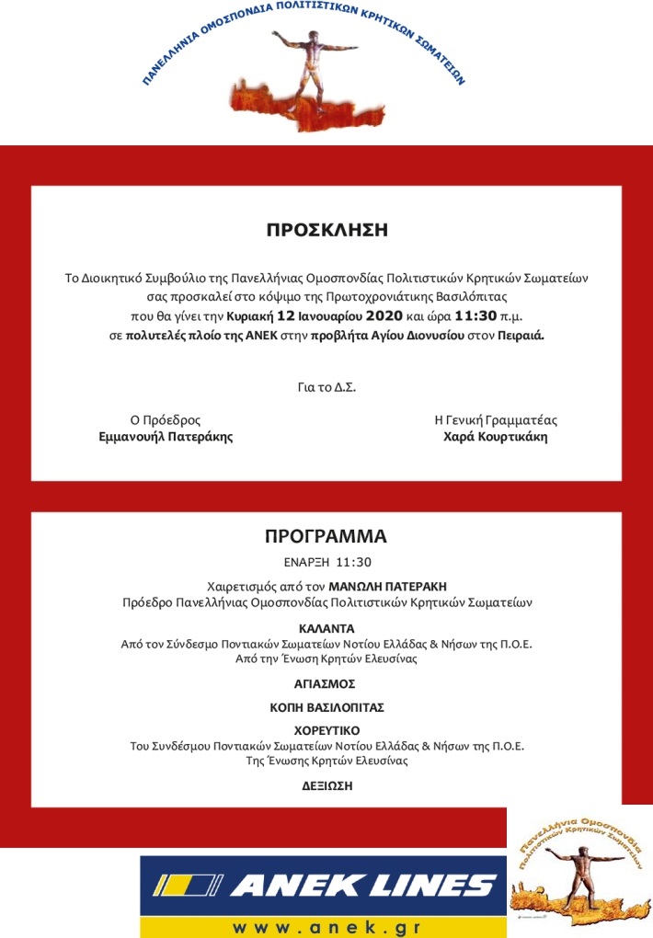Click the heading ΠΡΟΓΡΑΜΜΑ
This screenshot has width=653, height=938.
click(326, 536)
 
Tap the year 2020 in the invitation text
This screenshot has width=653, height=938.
click(372, 315)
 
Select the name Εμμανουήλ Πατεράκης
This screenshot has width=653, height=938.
click(166, 438)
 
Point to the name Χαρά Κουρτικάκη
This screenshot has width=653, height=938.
click(495, 438)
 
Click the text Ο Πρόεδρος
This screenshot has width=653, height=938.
click(166, 420)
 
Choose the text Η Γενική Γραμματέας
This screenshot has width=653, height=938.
click(495, 420)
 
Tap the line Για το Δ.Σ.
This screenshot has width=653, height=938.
click(326, 386)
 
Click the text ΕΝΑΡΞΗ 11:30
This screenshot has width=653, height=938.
click(326, 560)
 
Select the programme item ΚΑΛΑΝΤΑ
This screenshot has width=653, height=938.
click(326, 630)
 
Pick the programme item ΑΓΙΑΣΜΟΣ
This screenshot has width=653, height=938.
click(326, 684)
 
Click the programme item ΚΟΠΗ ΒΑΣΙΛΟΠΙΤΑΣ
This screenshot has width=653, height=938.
click(326, 708)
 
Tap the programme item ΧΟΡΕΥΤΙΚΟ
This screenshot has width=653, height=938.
click(326, 732)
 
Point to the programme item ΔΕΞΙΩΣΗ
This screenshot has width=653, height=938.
click(326, 786)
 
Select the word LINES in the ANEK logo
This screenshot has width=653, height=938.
click(423, 887)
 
